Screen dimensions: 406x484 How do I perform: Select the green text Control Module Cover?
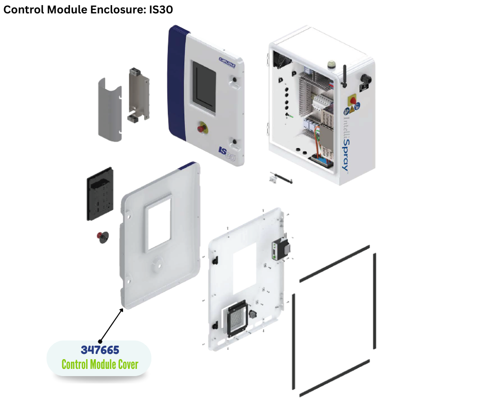tap(100, 364)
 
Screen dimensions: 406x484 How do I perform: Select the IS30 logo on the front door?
tap(226, 153)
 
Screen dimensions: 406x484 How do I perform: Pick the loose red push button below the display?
tap(103, 236)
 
